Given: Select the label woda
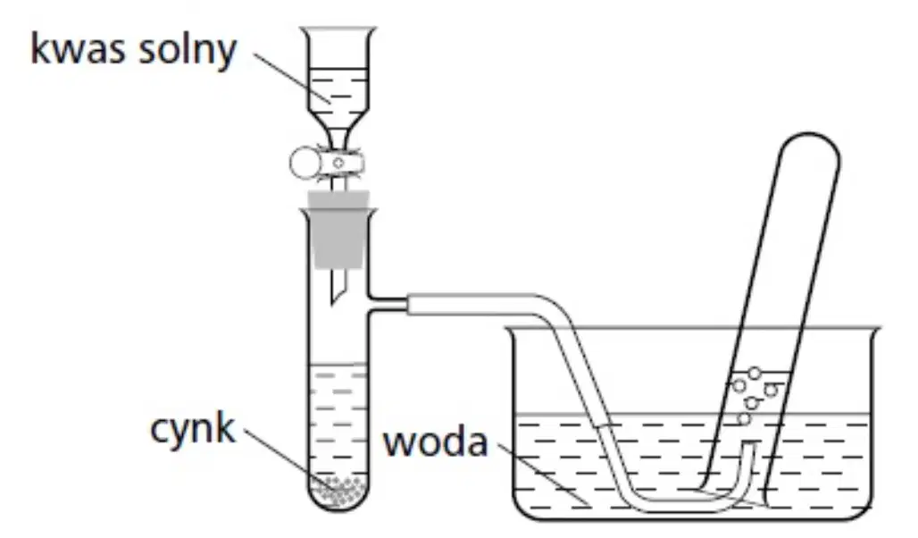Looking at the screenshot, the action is point(435,442).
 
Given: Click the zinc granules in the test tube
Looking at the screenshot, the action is point(339,492).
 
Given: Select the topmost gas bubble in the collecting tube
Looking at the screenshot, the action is point(755,373).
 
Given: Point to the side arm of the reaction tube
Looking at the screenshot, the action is point(387,305).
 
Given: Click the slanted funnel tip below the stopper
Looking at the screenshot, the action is point(338,287).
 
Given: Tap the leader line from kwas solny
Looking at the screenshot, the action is point(292,79).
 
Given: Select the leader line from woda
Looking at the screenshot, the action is point(544,474).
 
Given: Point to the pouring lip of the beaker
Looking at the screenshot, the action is point(874,332).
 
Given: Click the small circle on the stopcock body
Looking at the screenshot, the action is point(338,163).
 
